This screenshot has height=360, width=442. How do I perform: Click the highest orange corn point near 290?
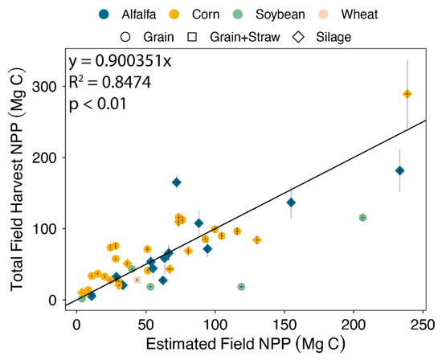pos(407,94)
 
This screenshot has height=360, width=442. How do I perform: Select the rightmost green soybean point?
pos(362,218)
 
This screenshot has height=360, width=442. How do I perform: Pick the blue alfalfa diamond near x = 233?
pos(399,170)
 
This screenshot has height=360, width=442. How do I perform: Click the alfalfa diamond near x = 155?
pos(291,202)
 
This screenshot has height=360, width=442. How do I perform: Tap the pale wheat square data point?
pos(137,280)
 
